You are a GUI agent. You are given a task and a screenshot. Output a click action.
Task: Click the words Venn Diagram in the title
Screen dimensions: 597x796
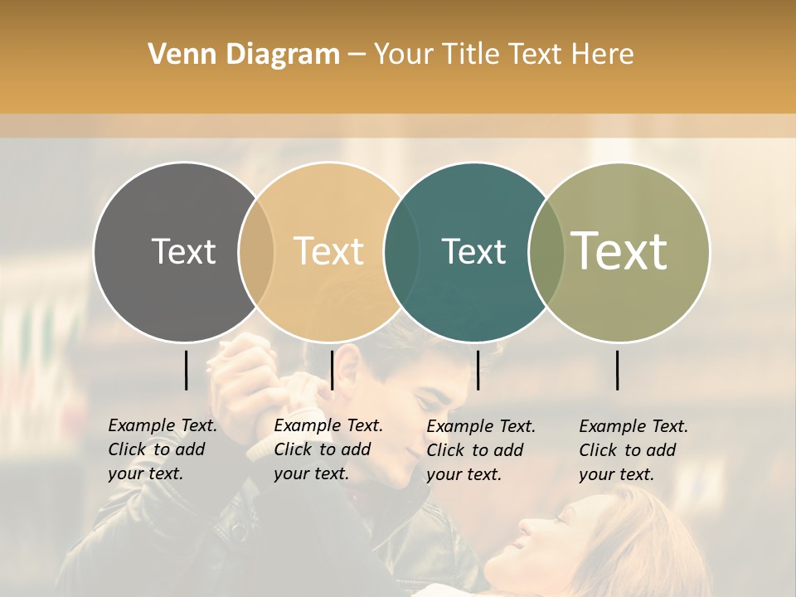(244, 55)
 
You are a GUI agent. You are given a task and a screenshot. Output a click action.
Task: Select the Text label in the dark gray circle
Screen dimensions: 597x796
(183, 251)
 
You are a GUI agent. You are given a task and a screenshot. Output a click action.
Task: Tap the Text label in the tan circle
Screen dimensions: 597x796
(329, 251)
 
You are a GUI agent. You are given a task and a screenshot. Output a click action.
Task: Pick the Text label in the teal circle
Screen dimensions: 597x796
(473, 251)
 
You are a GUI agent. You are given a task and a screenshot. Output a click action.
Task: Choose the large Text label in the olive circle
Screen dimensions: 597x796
(619, 250)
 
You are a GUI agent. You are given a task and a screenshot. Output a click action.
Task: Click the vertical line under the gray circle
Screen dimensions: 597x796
(186, 370)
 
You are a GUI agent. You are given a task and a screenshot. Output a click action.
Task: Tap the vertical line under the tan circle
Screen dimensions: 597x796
(332, 370)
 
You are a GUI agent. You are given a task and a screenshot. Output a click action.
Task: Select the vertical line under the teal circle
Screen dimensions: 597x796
(478, 370)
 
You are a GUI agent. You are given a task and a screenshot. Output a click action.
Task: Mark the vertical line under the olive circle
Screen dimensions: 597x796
(617, 370)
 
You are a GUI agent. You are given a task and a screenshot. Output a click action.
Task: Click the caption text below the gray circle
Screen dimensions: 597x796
(162, 449)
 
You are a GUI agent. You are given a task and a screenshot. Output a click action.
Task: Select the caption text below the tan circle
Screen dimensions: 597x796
(328, 449)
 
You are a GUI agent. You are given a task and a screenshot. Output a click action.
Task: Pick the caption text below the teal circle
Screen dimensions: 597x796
(480, 450)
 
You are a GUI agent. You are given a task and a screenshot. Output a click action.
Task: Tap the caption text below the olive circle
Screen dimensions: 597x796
(633, 450)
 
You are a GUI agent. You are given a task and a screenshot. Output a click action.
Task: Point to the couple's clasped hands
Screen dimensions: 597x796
(249, 365)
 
